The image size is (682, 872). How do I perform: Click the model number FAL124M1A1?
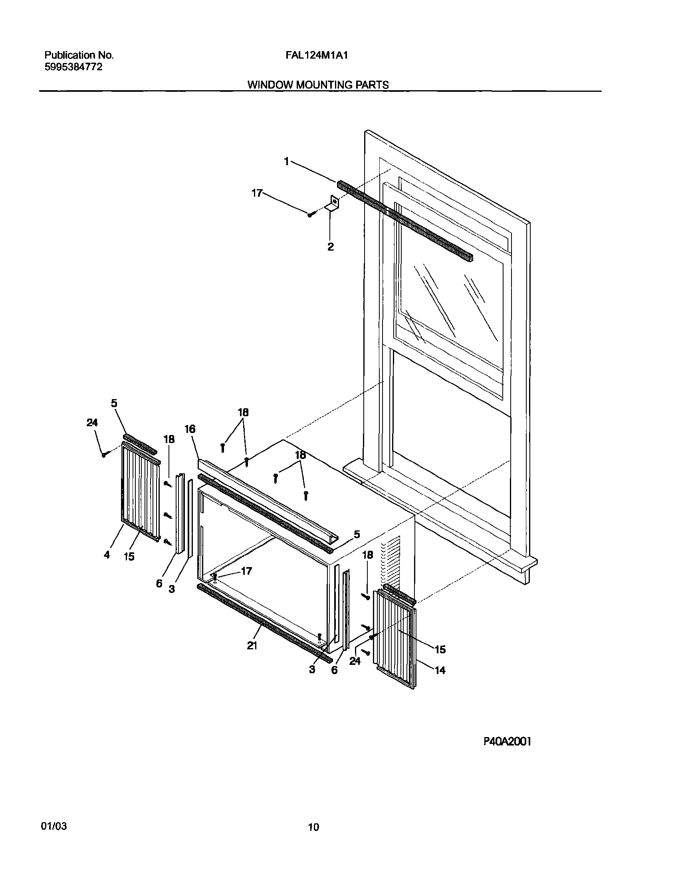click(x=316, y=55)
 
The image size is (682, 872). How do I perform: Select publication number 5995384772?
click(x=73, y=67)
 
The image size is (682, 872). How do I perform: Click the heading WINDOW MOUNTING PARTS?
click(x=318, y=85)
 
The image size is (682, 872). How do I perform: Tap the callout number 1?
click(x=286, y=161)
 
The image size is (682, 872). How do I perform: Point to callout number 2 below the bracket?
click(x=330, y=247)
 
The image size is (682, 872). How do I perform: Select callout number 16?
click(x=190, y=429)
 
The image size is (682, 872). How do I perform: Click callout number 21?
click(x=252, y=646)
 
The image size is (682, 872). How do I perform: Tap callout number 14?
click(x=440, y=670)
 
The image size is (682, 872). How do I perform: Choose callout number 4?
click(x=107, y=555)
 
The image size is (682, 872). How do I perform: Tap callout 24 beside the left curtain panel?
click(x=92, y=423)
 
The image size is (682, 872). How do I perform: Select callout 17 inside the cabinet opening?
click(x=246, y=571)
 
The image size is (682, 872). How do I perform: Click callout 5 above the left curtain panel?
click(x=114, y=403)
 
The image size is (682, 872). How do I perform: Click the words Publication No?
click(x=79, y=55)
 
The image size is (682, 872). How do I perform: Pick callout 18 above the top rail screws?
click(x=243, y=412)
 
